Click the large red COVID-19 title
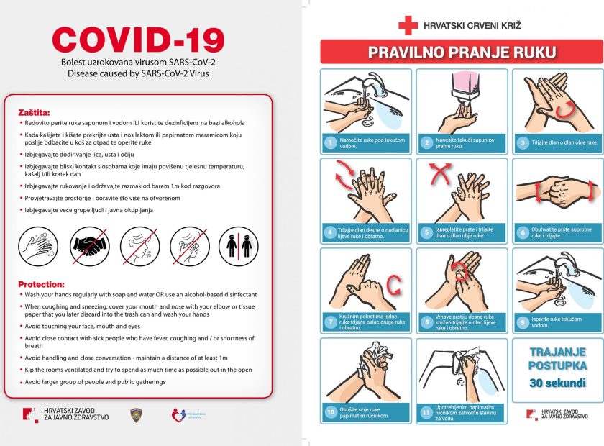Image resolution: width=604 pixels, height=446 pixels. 138,40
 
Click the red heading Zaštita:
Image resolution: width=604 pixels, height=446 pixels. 34,112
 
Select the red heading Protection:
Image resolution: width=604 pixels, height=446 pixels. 41,284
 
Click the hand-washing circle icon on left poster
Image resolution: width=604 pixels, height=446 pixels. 37,246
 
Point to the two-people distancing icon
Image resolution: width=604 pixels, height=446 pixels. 238,246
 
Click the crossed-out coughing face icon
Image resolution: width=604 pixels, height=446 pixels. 188,246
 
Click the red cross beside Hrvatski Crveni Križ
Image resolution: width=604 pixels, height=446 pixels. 408,26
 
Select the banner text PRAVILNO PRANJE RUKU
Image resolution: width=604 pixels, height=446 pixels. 461,52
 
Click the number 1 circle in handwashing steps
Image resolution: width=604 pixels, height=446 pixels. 330,142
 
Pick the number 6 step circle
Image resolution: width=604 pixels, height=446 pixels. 523,232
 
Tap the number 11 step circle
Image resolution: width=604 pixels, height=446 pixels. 426,412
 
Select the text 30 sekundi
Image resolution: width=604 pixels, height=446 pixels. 557,383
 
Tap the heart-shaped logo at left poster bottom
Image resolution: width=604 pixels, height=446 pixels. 178,415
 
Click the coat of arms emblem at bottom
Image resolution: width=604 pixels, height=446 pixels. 134,415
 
